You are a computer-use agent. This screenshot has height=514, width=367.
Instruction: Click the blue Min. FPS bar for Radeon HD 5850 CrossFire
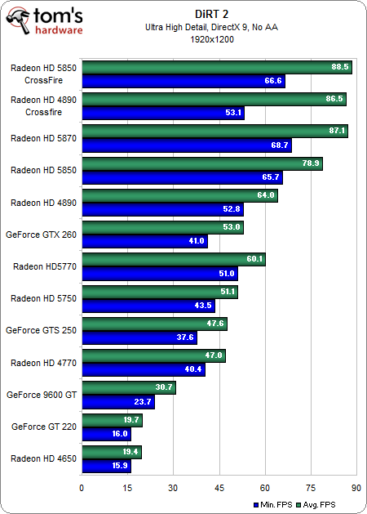(183, 81)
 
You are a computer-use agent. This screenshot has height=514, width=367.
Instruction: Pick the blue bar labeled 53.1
(162, 113)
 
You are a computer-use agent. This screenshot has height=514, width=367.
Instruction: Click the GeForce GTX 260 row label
(41, 234)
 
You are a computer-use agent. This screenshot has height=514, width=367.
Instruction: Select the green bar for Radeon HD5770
(173, 259)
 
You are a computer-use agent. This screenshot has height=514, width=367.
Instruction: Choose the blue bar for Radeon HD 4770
(143, 369)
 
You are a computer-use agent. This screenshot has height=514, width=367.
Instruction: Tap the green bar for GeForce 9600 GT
(128, 387)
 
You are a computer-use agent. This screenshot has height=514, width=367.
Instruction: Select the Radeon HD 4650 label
(43, 458)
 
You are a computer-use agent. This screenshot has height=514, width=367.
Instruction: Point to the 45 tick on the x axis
(219, 487)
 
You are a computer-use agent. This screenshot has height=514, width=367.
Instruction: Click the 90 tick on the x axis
(356, 487)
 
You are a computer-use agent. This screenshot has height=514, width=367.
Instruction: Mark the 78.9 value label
(311, 163)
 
